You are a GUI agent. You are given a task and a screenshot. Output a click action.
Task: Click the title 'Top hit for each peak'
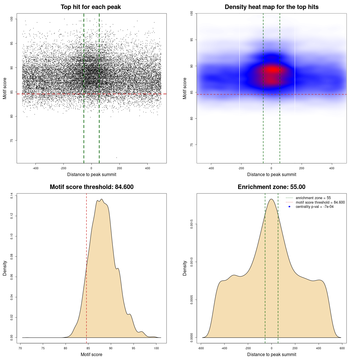click(91, 7)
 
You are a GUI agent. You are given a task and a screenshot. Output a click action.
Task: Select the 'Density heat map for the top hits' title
click(271, 7)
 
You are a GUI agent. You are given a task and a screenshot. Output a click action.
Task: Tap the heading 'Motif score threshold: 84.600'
click(91, 187)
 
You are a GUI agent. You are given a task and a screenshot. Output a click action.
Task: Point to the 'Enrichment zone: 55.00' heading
click(271, 187)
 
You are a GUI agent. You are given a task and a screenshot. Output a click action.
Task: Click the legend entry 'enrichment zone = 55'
click(313, 198)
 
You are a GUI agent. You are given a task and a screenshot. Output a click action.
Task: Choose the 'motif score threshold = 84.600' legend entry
click(320, 202)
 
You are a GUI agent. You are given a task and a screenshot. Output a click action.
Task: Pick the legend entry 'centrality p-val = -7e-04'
click(314, 207)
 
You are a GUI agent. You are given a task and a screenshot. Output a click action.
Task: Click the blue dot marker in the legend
click(289, 207)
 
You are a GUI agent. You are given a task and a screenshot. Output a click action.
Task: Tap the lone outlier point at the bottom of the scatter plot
click(116, 157)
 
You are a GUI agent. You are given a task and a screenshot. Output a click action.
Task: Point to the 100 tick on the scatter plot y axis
click(12, 19)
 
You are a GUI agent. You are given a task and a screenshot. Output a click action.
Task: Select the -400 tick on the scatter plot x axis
click(35, 168)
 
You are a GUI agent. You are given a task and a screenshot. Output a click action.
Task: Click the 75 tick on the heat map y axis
click(192, 145)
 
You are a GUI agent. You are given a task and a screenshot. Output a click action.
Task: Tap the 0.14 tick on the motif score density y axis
click(12, 195)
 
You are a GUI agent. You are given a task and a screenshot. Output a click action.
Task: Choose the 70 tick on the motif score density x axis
click(20, 348)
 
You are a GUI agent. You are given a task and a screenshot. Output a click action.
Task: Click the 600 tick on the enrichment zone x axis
click(342, 348)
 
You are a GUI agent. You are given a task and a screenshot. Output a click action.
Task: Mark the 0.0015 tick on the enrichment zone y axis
click(192, 224)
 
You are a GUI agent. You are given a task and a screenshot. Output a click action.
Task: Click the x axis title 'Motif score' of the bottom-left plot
click(91, 354)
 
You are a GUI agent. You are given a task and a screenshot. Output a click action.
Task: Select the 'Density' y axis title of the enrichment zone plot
click(185, 268)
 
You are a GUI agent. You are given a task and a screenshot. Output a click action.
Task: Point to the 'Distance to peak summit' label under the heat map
click(271, 174)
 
